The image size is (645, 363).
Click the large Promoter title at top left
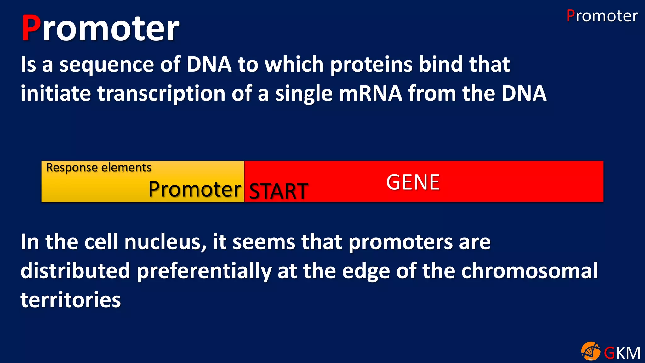click(x=100, y=28)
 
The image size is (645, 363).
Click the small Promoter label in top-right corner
click(x=602, y=16)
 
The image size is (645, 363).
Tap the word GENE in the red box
click(x=413, y=182)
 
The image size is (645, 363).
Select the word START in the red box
click(x=278, y=191)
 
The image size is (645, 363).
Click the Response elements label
click(x=99, y=168)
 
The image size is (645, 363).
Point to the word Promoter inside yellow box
click(x=195, y=189)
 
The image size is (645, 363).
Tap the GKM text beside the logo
click(x=622, y=353)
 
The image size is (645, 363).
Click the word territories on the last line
click(x=71, y=300)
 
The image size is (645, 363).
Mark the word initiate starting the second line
click(x=56, y=94)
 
